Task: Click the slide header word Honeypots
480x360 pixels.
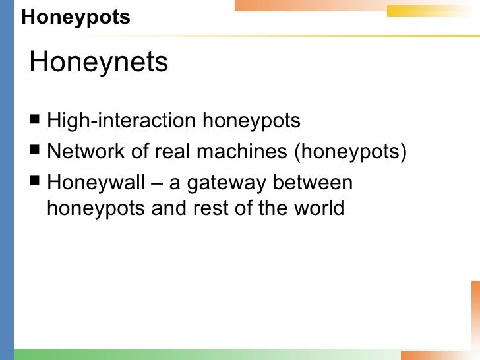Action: (75, 18)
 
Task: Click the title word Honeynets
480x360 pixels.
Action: (99, 63)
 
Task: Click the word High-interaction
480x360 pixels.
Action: (121, 121)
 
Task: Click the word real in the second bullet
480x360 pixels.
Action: (171, 152)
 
